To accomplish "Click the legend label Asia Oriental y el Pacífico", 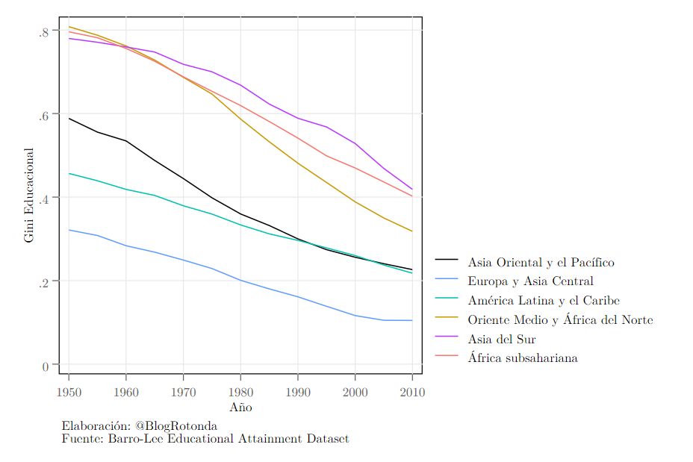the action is click(x=541, y=263).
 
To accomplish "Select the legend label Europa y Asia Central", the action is click(x=530, y=281).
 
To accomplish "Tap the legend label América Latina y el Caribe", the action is click(x=544, y=300).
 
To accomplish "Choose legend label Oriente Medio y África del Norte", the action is click(x=560, y=319).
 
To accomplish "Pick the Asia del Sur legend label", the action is click(x=502, y=339).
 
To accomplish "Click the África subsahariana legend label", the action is click(x=523, y=358).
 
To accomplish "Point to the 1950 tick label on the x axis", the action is click(x=69, y=392).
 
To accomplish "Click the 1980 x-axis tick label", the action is click(x=241, y=392).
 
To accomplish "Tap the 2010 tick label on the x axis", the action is click(x=412, y=392).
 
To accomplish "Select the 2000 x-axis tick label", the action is click(x=355, y=392).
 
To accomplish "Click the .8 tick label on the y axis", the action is click(x=43, y=32).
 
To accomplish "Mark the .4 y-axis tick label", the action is click(x=43, y=199).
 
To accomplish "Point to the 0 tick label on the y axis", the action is click(x=45, y=366).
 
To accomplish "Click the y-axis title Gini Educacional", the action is click(x=28, y=195).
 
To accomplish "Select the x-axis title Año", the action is click(x=241, y=407).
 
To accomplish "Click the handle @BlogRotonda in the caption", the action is click(x=176, y=425).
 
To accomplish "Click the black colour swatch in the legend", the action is click(x=447, y=259).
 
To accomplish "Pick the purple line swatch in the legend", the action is click(x=447, y=337).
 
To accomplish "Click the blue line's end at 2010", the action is click(x=412, y=321).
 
